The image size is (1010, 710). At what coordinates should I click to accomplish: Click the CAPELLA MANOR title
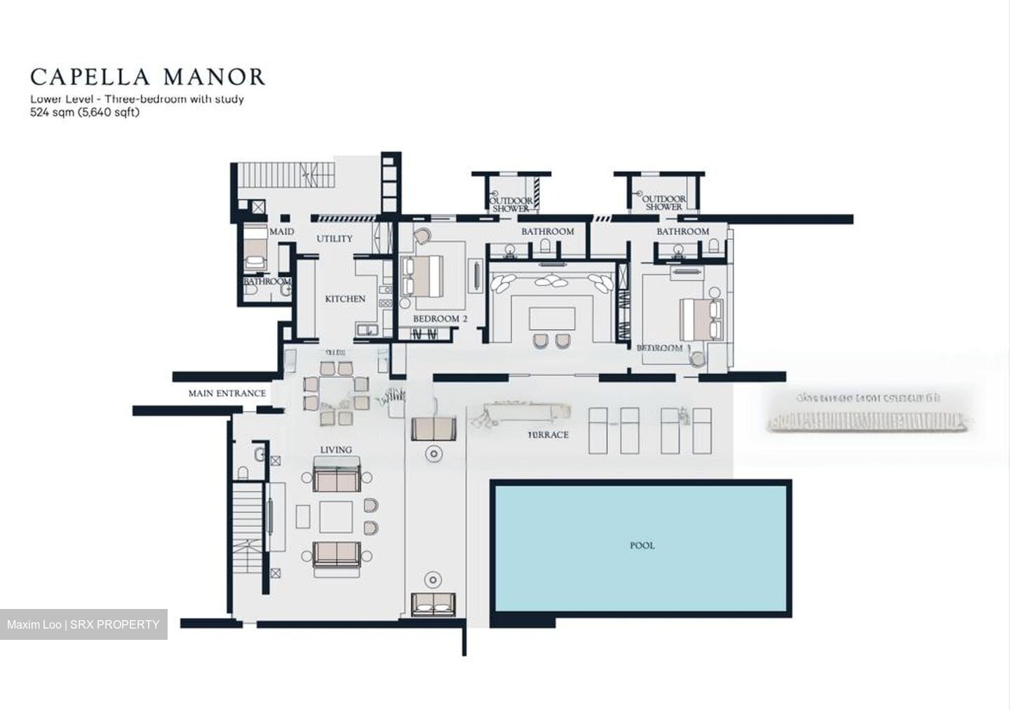click(148, 76)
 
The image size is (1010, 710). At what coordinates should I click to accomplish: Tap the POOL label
click(642, 545)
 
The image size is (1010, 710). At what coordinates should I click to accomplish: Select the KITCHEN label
click(345, 299)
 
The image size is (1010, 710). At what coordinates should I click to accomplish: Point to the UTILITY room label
click(334, 239)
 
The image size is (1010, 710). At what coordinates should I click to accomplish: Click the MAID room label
click(281, 232)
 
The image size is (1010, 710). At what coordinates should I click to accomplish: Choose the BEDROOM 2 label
click(440, 319)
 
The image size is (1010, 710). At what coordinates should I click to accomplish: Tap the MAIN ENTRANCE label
click(227, 394)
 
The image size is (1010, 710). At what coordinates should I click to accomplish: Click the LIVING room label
click(336, 450)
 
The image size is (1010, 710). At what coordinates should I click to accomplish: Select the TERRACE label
click(548, 435)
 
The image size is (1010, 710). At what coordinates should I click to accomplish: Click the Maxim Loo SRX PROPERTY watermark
click(83, 624)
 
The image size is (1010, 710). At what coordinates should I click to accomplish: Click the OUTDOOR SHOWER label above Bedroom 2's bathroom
click(511, 204)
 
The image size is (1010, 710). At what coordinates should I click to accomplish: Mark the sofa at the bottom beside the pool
click(433, 604)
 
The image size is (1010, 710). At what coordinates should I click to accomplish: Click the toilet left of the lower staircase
click(243, 472)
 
